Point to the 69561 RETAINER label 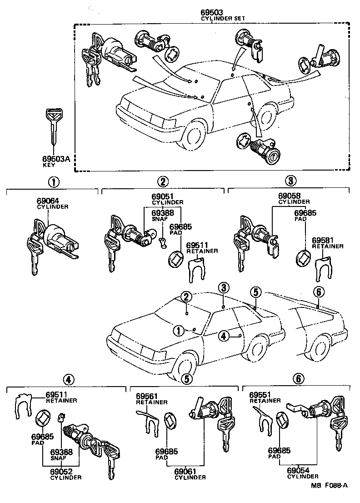tap(151, 399)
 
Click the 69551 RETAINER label tap(265, 397)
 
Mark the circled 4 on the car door tap(223, 336)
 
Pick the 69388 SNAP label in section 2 tap(162, 215)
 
